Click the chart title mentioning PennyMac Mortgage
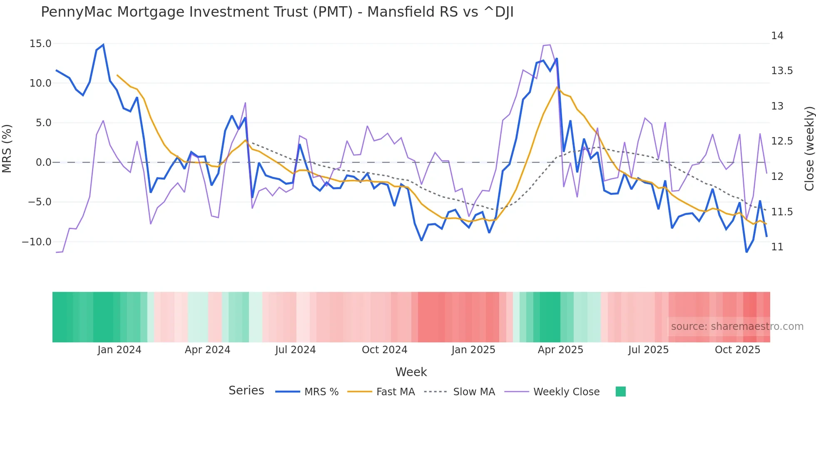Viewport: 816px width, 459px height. coord(277,12)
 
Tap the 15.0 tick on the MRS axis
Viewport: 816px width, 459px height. coord(40,44)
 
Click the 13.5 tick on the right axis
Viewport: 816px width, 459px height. coord(781,71)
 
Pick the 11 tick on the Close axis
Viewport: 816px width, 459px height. coord(777,247)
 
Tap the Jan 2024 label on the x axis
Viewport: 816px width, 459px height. coord(119,350)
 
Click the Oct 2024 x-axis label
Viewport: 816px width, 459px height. coord(384,350)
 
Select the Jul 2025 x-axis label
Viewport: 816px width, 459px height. coord(648,350)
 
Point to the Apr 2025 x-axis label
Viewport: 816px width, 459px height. coord(560,350)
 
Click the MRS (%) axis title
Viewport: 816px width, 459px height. coord(7,149)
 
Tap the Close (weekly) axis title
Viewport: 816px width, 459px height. coord(809,149)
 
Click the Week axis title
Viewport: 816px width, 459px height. coord(411,372)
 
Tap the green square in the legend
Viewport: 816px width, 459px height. coord(620,392)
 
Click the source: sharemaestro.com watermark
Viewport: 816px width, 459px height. coord(737,327)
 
